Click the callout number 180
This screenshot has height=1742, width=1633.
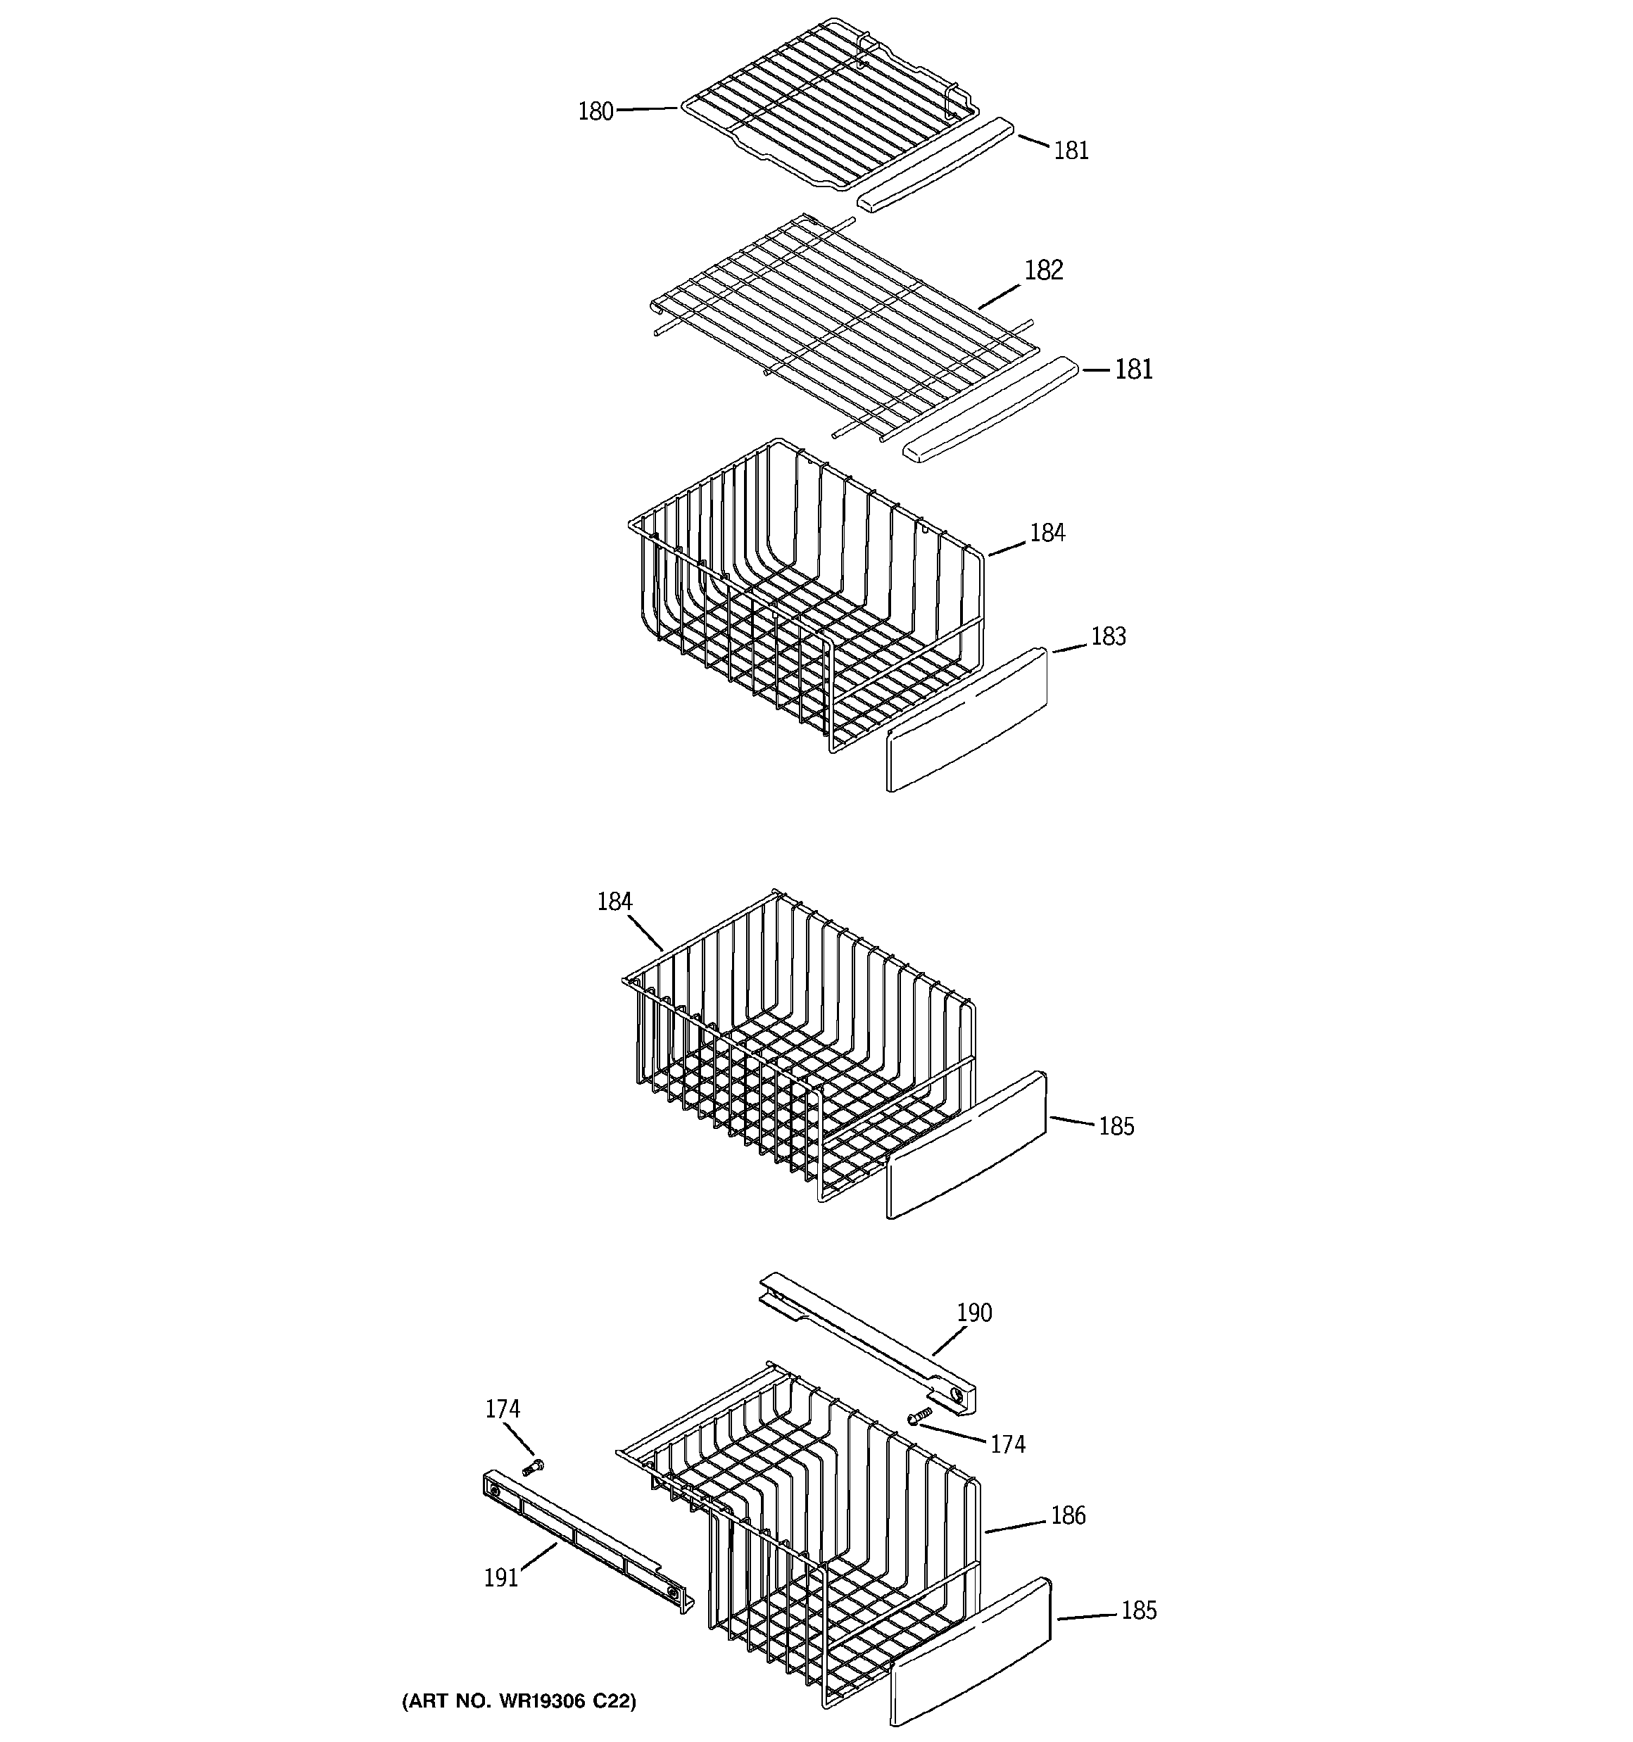[595, 112]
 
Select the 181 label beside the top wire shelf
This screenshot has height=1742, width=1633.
[1071, 151]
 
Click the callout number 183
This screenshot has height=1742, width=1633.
[1107, 636]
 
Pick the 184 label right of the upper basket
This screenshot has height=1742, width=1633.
[1047, 533]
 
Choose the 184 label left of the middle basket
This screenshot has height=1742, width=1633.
[614, 902]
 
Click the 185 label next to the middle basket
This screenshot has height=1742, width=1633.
[1116, 1127]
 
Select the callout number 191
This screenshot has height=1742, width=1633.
[500, 1578]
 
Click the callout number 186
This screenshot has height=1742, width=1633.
[1067, 1516]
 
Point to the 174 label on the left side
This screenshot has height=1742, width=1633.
[503, 1409]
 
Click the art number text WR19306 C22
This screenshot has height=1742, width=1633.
[519, 1700]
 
